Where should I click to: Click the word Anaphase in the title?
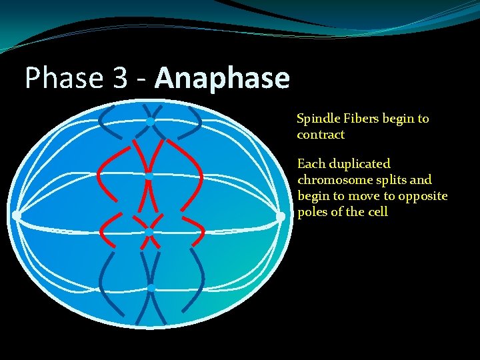tap(223, 79)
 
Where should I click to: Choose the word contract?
tap(321, 135)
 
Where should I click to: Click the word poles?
tap(313, 212)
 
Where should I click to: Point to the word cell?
tap(377, 212)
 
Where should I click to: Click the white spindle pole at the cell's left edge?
tap(16, 215)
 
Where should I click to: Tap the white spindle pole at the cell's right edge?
tap(281, 216)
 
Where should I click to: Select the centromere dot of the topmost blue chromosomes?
tap(151, 121)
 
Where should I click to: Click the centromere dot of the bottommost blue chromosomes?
tap(151, 288)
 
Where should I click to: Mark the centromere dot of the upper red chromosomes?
tap(149, 177)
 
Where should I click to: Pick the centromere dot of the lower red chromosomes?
tap(149, 231)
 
